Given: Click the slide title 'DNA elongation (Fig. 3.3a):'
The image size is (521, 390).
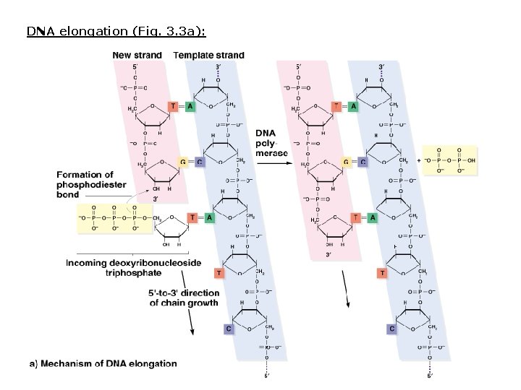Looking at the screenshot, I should click(117, 32).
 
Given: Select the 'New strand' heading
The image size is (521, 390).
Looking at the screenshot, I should click(137, 56).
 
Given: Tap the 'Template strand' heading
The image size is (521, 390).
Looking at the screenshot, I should click(209, 56).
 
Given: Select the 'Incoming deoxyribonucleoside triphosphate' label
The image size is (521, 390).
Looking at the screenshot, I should click(134, 268).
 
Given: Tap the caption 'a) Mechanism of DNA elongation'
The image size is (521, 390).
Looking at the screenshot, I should click(103, 363).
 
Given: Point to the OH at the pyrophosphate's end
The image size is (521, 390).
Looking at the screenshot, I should click(472, 160).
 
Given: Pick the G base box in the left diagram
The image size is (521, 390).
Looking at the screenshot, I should click(185, 162).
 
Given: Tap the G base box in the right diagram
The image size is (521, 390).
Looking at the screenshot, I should click(347, 162).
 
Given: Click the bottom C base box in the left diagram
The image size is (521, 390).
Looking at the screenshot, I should click(229, 329).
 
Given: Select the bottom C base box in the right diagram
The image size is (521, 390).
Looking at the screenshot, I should click(391, 329).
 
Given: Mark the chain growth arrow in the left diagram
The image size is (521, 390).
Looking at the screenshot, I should click(190, 321).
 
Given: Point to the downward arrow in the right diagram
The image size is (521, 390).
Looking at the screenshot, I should click(347, 292).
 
